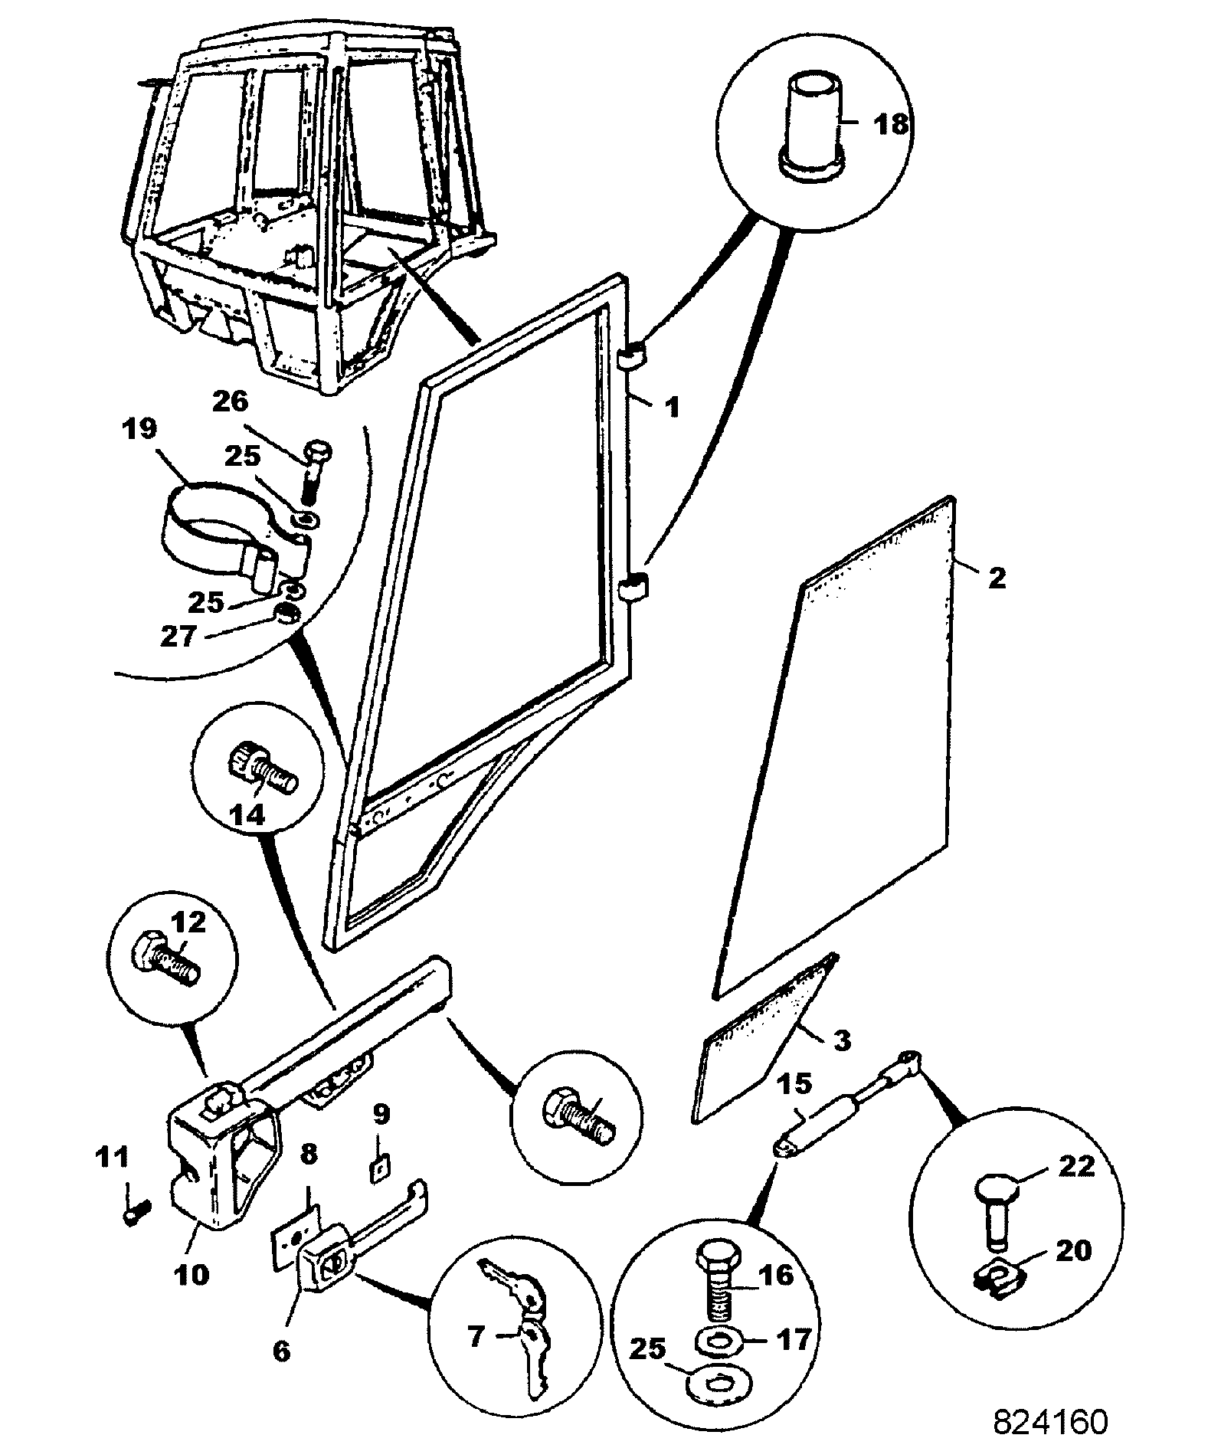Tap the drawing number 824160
pos(1050,1421)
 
